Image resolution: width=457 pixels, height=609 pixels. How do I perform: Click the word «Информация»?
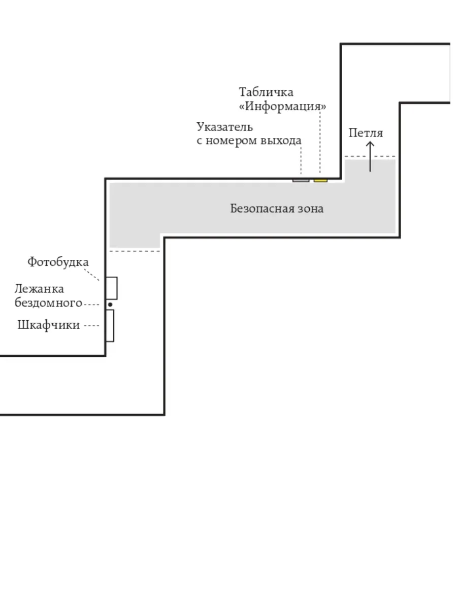click(282, 106)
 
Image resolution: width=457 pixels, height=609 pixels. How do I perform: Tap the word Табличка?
click(266, 92)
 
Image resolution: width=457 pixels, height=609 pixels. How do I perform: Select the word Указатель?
click(225, 127)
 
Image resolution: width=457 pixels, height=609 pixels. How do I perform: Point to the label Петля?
click(366, 133)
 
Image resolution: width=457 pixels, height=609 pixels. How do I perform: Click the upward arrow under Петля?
click(370, 157)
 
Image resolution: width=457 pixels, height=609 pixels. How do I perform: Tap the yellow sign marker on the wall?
click(320, 181)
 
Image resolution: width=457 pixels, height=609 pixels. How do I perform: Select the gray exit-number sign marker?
click(301, 181)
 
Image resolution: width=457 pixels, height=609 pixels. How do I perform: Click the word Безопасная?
click(262, 209)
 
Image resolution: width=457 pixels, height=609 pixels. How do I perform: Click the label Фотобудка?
click(58, 262)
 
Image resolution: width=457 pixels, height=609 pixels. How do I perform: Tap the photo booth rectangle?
click(112, 288)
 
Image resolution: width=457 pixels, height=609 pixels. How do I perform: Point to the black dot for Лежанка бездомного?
click(110, 304)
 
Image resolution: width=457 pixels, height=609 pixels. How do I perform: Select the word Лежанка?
click(39, 289)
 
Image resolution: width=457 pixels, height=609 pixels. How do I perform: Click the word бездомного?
click(48, 302)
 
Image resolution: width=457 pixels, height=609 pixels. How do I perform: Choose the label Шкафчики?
click(49, 325)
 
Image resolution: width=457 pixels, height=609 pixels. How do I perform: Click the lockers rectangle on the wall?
click(110, 326)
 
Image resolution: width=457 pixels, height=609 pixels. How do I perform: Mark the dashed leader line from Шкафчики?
click(91, 326)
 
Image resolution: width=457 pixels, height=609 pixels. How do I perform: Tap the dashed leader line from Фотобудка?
click(91, 275)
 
